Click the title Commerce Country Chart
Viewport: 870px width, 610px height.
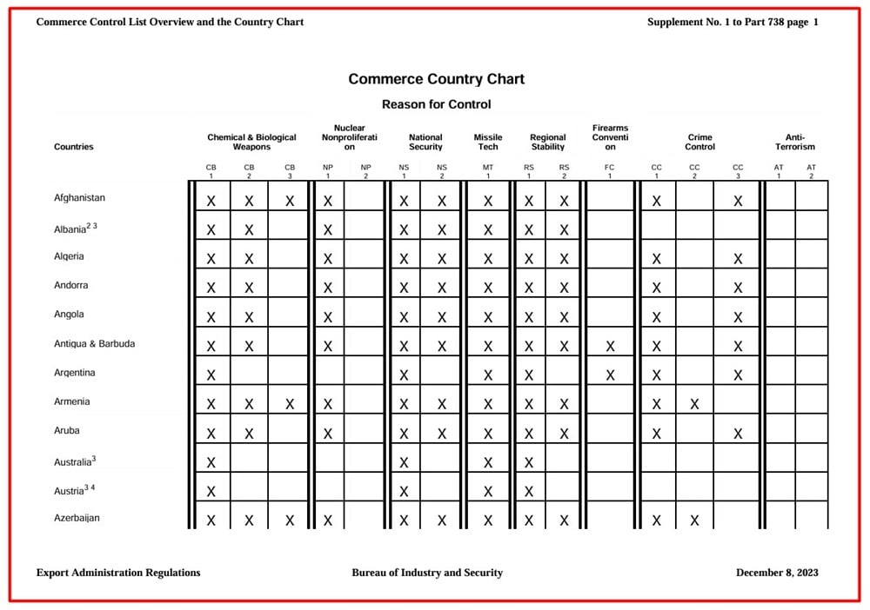[x=436, y=79]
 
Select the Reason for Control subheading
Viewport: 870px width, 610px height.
[x=436, y=104]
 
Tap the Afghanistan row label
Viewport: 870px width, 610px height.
[x=79, y=198]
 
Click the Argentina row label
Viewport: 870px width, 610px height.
[x=75, y=373]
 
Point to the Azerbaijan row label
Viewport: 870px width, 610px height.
[x=77, y=518]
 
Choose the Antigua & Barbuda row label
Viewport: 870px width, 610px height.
[x=94, y=344]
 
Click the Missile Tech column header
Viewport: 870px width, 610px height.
[x=488, y=142]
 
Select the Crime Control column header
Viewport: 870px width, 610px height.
[x=699, y=142]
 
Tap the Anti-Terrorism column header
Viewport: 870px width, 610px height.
[x=795, y=142]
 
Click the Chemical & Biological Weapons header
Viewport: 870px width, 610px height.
[x=251, y=142]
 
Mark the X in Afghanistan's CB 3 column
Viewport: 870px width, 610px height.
[x=290, y=202]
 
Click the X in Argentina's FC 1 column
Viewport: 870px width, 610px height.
[x=610, y=375]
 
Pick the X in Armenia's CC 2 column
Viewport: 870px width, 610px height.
[x=694, y=404]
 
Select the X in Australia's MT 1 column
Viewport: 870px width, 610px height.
[x=488, y=462]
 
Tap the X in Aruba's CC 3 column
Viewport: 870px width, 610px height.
[x=738, y=434]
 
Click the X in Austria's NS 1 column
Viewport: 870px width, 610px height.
[x=404, y=492]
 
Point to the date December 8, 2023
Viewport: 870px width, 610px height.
[x=777, y=573]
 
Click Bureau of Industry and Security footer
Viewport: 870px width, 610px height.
[x=427, y=573]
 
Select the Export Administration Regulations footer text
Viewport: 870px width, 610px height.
[x=118, y=573]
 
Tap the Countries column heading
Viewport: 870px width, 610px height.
[x=74, y=147]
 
